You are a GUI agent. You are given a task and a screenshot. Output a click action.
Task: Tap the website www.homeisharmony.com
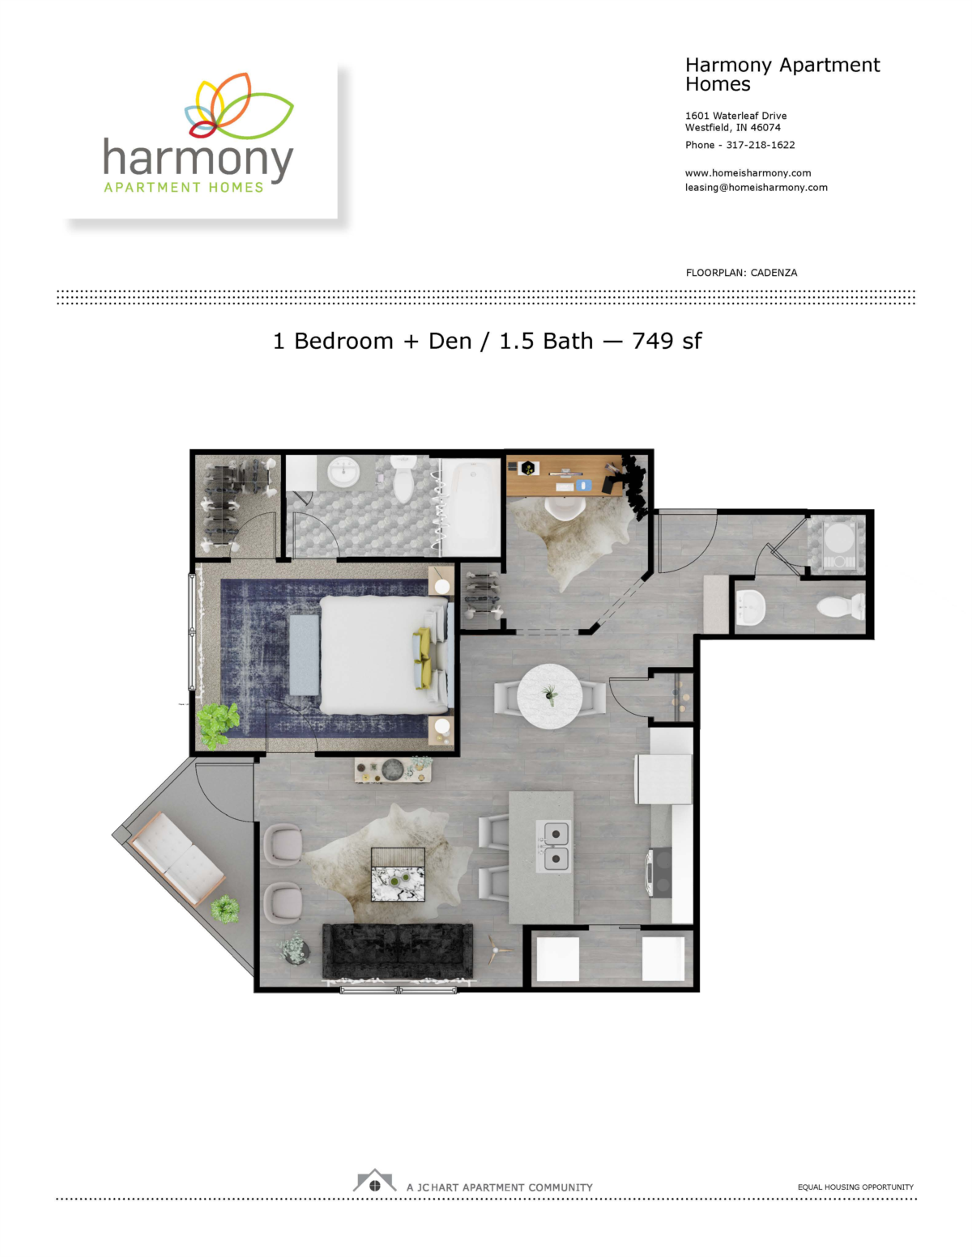748,172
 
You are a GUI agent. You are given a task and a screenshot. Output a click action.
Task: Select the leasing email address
756,187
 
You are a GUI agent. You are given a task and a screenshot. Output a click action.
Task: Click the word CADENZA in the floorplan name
774,273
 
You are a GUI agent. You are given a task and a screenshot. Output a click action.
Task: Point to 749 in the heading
652,341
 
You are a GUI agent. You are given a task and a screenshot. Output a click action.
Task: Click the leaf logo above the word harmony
238,106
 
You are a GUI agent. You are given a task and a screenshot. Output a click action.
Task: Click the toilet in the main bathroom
403,481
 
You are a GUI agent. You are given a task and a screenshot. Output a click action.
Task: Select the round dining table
549,696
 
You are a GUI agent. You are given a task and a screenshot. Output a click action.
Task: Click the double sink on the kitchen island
556,846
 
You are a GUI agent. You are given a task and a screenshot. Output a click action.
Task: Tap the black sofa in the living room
397,950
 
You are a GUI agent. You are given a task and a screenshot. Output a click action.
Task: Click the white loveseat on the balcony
177,859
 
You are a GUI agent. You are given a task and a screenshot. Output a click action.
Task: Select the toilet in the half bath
840,606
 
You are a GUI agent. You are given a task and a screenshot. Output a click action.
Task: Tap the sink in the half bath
750,605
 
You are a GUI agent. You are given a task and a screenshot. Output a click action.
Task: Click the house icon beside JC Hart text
374,1182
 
